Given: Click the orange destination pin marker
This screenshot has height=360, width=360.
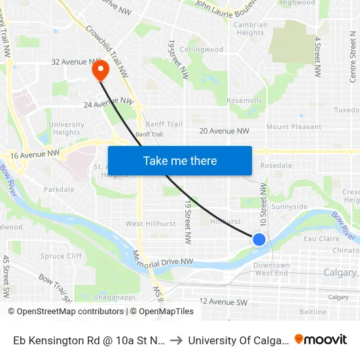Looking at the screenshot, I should click(101, 69).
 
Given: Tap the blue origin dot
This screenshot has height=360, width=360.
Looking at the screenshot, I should click(259, 240).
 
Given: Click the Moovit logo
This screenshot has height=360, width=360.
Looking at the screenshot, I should click(321, 340).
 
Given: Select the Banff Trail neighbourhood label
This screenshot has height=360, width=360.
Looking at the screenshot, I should click(165, 124).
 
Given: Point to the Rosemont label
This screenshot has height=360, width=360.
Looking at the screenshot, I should click(243, 100).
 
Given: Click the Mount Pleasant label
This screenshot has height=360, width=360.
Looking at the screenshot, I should click(294, 126).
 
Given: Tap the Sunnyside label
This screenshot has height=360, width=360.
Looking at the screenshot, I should click(289, 207).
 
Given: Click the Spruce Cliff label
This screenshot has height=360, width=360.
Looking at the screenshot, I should click(61, 256).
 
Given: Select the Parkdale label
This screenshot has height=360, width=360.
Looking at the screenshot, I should click(59, 189).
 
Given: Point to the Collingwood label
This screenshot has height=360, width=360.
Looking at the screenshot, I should click(202, 49).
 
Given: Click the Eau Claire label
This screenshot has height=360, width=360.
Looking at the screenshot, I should click(321, 240).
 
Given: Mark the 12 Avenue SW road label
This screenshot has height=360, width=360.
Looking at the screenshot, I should click(223, 302).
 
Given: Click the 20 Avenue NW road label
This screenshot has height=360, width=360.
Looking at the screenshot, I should click(225, 131).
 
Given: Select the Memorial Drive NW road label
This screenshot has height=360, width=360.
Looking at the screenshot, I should click(163, 261).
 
